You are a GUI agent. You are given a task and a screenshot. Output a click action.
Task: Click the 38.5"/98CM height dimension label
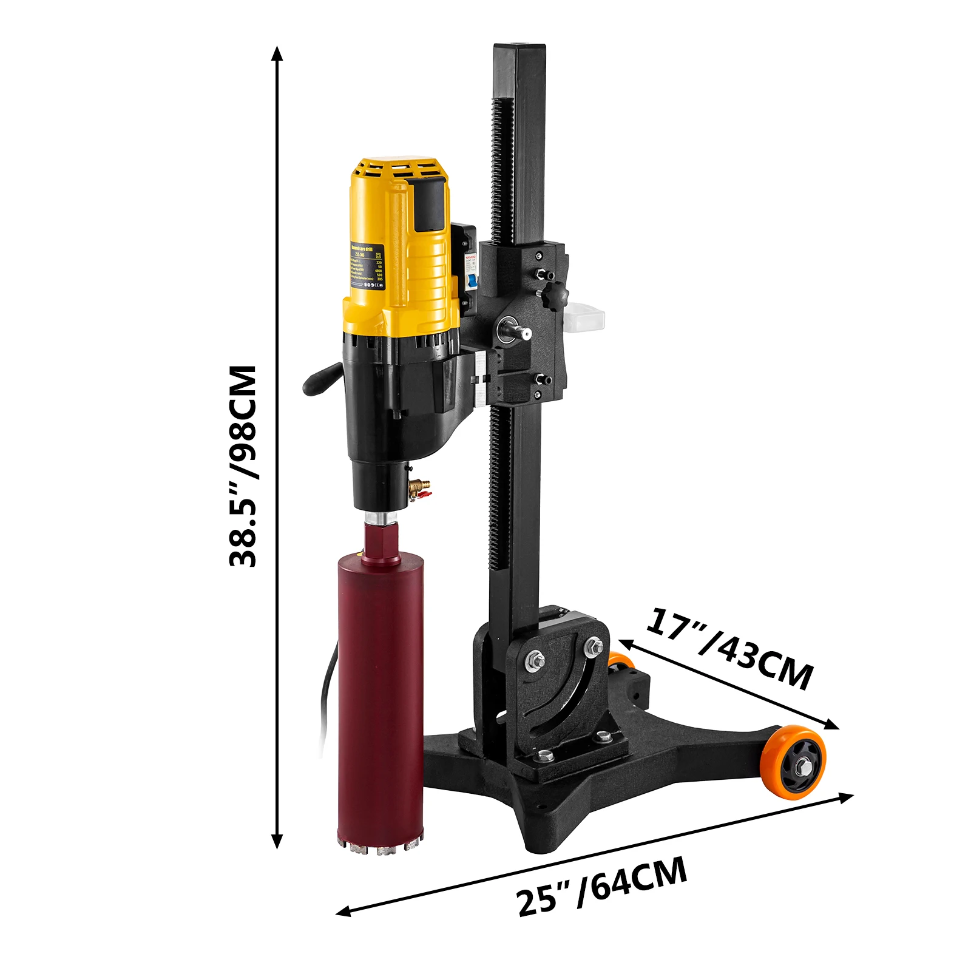coord(243,465)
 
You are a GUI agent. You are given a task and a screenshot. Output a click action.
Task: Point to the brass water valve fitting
coord(419,487)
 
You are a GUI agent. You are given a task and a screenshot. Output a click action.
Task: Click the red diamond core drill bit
coord(381,686)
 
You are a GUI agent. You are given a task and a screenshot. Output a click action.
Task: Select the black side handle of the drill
coord(322,379)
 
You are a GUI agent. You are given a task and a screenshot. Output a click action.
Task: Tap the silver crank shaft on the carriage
coord(519,332)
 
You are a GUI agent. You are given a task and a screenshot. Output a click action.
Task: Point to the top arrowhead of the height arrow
coord(277,53)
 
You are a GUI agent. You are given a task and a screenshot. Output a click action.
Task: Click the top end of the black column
coord(519,49)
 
